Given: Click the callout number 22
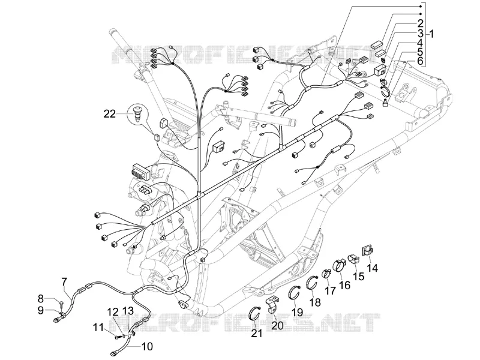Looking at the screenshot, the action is pyautogui.click(x=110, y=114).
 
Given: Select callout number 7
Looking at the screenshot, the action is pyautogui.click(x=64, y=281).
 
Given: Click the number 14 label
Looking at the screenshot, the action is pyautogui.click(x=372, y=268).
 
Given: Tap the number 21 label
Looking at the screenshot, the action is pyautogui.click(x=257, y=333).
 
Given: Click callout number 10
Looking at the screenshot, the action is pyautogui.click(x=146, y=347).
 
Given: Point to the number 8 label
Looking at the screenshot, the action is pyautogui.click(x=41, y=298).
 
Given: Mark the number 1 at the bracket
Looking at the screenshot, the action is pyautogui.click(x=431, y=34).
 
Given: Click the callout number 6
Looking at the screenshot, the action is pyautogui.click(x=419, y=61).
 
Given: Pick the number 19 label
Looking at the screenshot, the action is pyautogui.click(x=297, y=312).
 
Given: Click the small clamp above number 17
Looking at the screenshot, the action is pyautogui.click(x=326, y=272).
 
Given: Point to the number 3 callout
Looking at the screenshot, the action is pyautogui.click(x=419, y=33).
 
